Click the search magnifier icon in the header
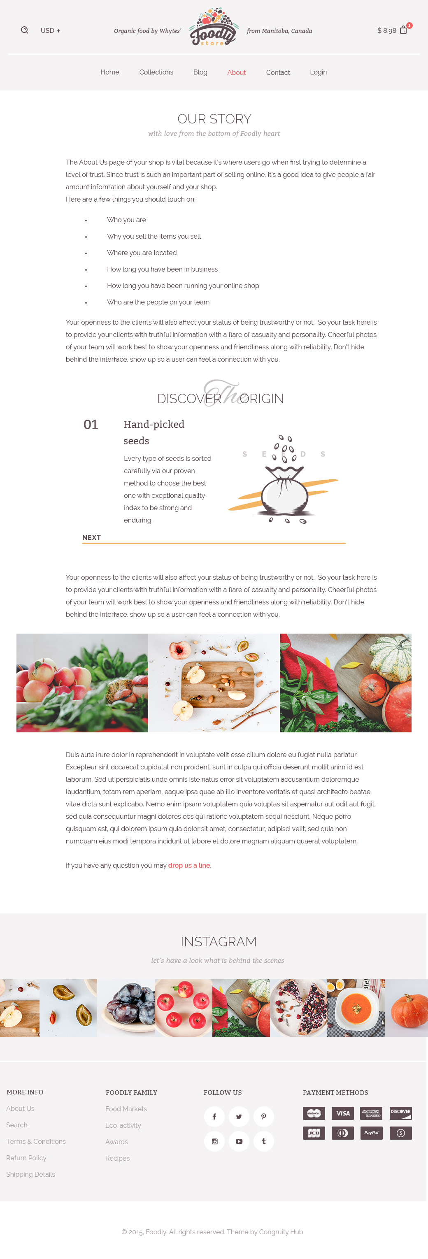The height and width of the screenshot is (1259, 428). tap(24, 30)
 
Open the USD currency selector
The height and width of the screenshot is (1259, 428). tap(50, 31)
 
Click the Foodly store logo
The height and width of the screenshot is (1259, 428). tap(214, 28)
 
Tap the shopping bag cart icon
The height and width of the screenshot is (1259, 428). tap(403, 30)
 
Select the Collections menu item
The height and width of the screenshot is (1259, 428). tap(156, 72)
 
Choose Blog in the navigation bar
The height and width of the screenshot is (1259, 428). tap(200, 72)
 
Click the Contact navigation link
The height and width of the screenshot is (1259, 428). tap(277, 72)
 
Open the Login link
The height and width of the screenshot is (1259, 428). tap(318, 72)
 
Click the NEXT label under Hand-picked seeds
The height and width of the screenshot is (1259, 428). tap(91, 537)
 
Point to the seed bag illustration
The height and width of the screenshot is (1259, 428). tap(284, 489)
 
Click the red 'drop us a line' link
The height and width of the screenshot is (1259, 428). tap(189, 865)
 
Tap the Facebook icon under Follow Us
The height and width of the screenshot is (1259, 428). tap(214, 1116)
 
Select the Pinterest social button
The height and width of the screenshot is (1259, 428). tap(263, 1116)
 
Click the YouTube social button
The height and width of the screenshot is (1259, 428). tap(239, 1141)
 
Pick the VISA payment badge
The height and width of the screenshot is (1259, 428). tap(342, 1113)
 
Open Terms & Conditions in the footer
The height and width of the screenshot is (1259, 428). tap(36, 1141)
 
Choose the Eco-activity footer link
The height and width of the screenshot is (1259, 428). tap(123, 1125)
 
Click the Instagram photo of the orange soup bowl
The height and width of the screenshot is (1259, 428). tap(356, 1007)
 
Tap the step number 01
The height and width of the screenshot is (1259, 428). tap(91, 424)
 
